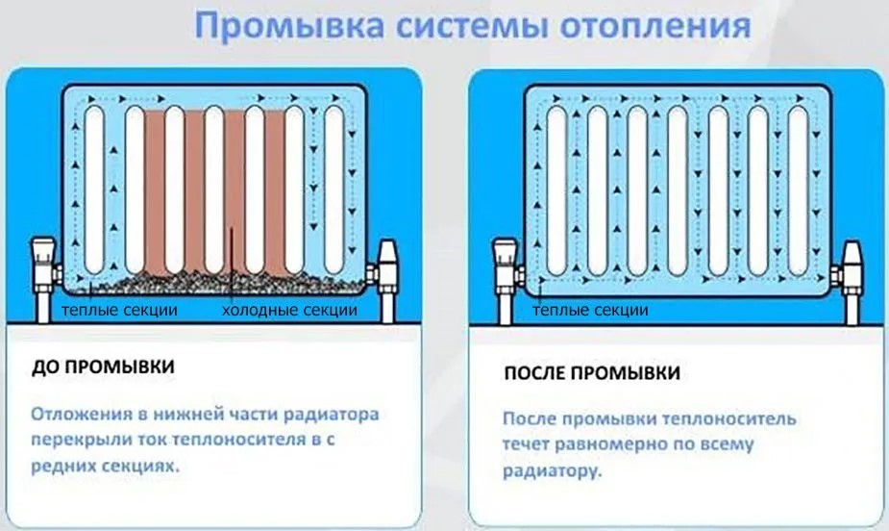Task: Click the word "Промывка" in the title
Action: point(275,26)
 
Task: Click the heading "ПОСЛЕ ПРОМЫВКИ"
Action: point(593,372)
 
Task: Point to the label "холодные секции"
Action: point(289,311)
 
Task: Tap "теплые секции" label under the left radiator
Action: point(119,311)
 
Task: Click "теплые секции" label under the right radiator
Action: point(590,311)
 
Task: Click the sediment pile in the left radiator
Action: point(231,284)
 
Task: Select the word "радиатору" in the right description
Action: point(551,473)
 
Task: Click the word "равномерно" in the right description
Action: point(604,446)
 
